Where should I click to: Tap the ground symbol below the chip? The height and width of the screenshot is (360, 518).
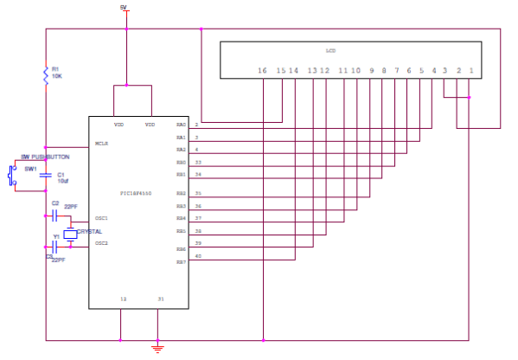tap(157, 348)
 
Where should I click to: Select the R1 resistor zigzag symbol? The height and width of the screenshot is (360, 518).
tap(46, 75)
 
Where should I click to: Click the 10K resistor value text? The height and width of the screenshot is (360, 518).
tap(56, 76)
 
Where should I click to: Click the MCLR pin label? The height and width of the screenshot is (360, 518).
tap(102, 144)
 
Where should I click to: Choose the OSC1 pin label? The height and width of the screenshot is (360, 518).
tap(101, 218)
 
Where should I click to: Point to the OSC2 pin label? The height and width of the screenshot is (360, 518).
tap(101, 243)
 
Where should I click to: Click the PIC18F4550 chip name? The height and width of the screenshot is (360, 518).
tap(137, 193)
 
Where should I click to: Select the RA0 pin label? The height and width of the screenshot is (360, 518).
tap(181, 125)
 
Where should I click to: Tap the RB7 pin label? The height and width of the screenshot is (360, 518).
tap(181, 260)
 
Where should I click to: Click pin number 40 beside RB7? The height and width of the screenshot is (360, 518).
tap(198, 256)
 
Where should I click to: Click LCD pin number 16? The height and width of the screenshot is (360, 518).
tap(262, 69)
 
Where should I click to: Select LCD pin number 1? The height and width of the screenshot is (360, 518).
tap(470, 69)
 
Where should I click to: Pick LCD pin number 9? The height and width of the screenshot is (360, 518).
tap(371, 69)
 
